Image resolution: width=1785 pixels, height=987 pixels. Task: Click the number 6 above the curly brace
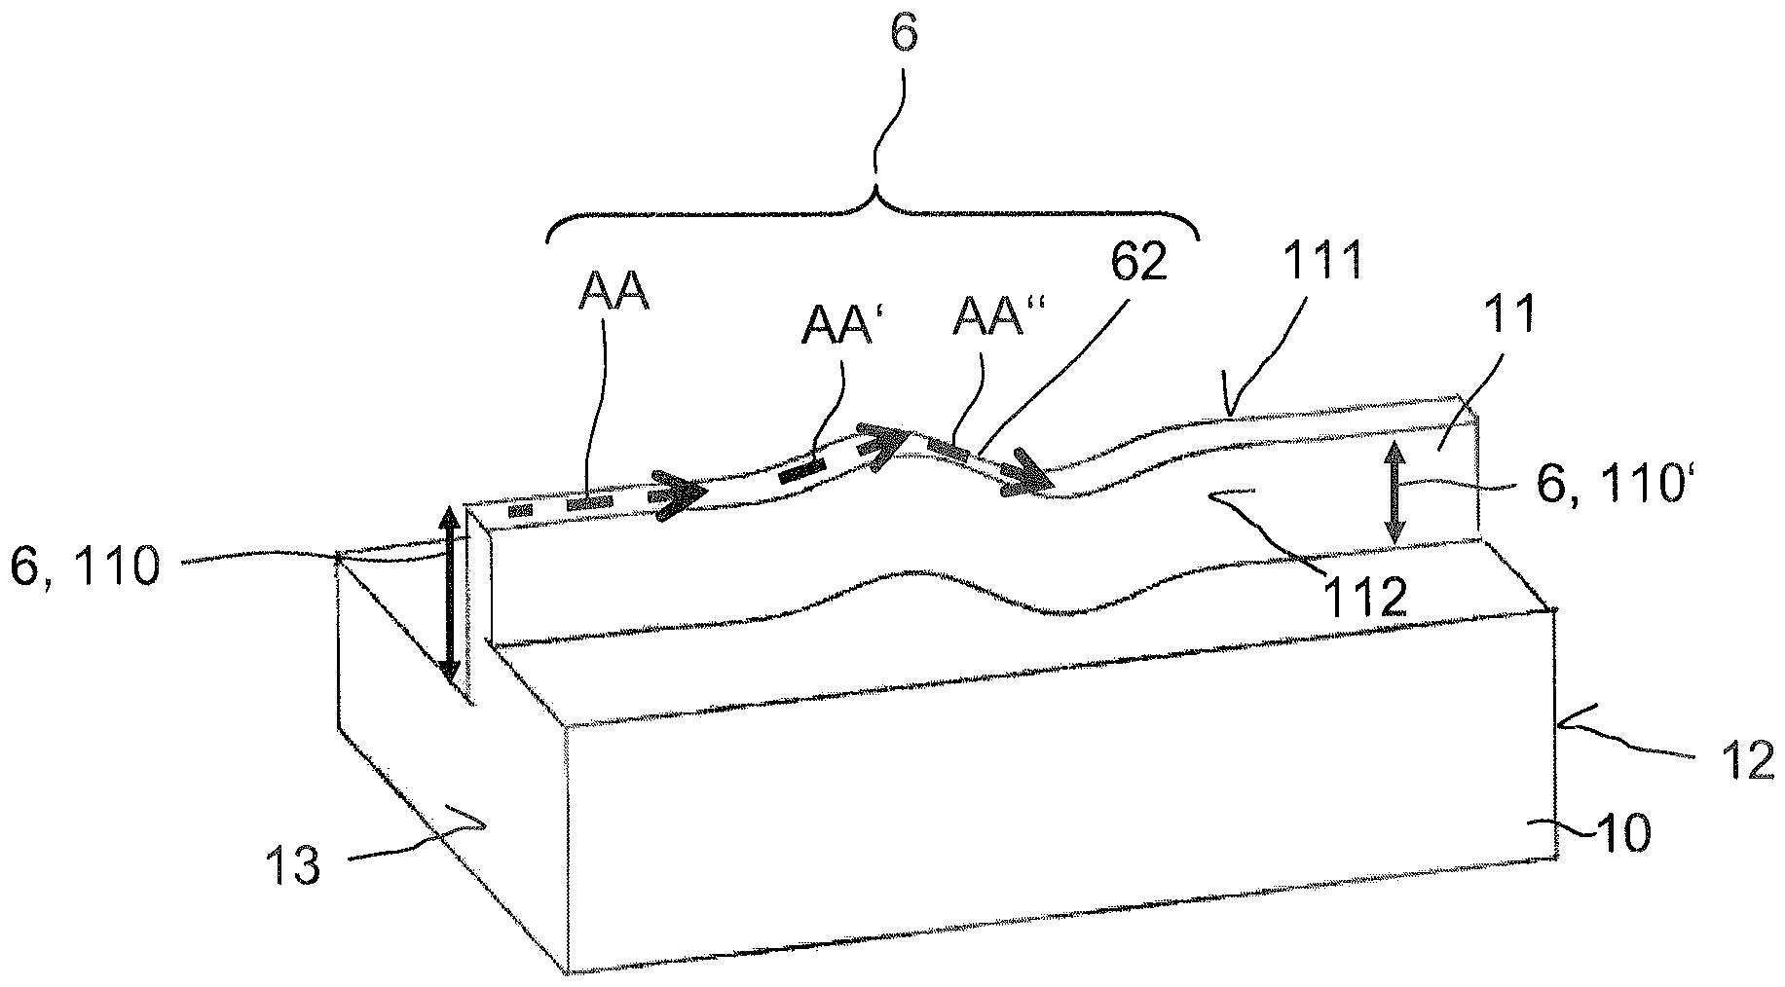[903, 33]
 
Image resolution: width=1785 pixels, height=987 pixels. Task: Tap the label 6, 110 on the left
[84, 567]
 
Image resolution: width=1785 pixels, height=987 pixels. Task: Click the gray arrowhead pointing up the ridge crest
[882, 446]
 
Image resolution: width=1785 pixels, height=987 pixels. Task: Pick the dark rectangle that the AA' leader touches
[801, 471]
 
